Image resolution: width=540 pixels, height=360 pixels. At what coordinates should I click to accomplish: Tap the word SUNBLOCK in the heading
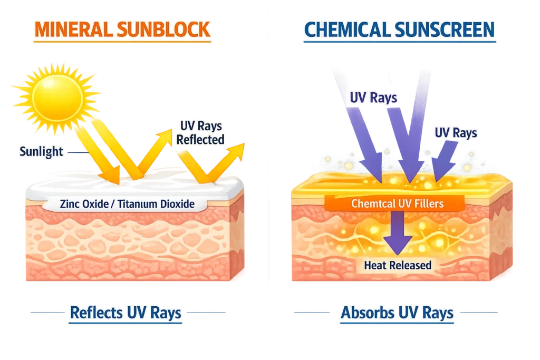click(x=169, y=30)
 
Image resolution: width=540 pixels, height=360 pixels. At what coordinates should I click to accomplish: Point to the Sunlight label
click(x=41, y=152)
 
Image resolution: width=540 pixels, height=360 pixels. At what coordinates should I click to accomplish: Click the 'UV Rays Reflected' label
click(x=200, y=133)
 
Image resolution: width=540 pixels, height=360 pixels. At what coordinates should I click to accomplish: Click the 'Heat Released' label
click(x=398, y=265)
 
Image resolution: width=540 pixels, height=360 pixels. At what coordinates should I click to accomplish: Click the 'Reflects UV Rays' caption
click(x=126, y=313)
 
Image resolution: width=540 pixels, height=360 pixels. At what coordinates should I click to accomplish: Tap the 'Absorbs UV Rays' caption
click(x=397, y=313)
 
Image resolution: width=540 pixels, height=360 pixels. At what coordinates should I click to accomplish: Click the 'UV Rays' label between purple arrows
click(x=373, y=98)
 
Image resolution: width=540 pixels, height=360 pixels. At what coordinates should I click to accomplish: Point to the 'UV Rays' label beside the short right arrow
click(x=456, y=132)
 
